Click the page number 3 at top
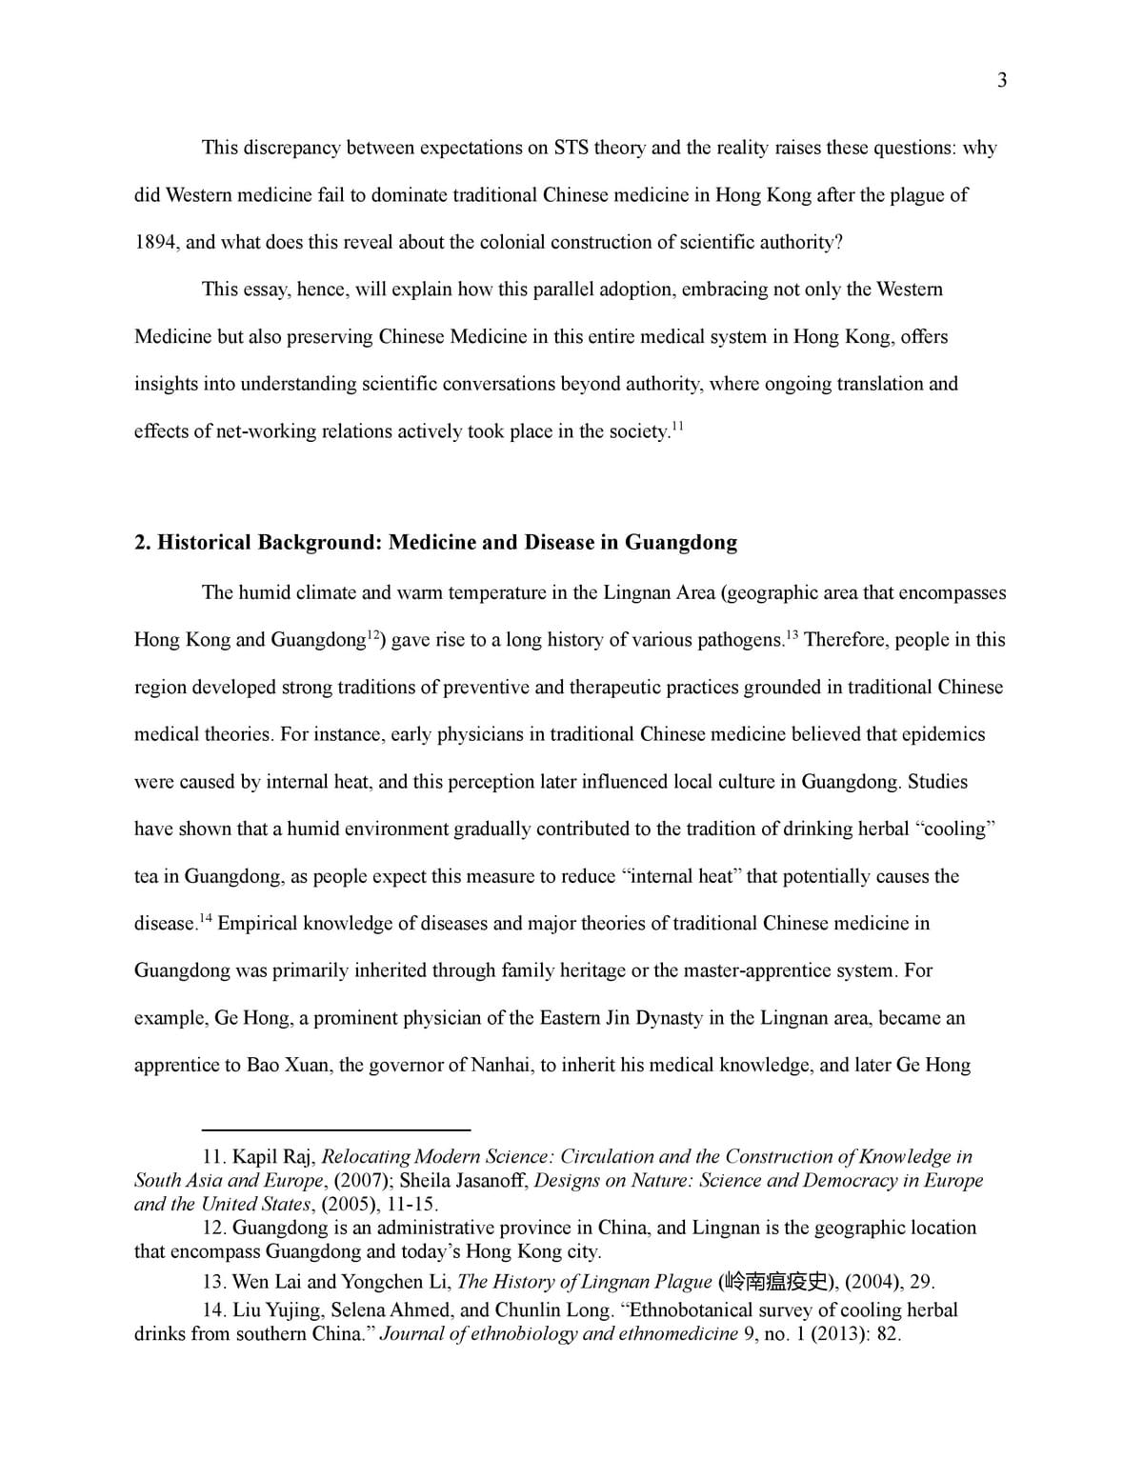(1001, 80)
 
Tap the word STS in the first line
(571, 148)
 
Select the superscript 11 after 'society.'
(677, 426)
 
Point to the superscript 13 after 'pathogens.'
(792, 634)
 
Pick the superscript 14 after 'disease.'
(206, 918)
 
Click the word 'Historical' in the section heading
(204, 543)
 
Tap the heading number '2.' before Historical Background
(143, 543)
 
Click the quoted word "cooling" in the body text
(955, 829)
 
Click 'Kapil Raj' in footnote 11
(273, 1157)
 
